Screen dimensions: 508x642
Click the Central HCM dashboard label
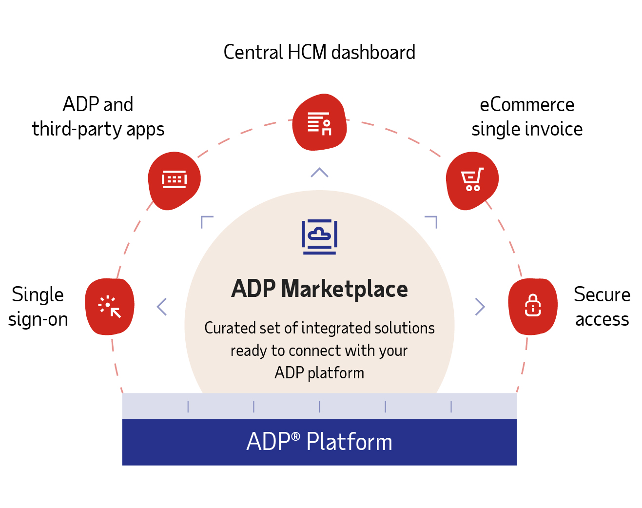tap(319, 53)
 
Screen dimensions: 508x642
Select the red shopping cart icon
tap(472, 180)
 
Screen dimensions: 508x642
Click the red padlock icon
tap(533, 306)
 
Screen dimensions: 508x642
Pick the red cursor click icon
tap(110, 307)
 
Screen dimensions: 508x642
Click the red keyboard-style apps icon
tap(175, 180)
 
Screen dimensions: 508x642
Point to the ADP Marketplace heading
tap(319, 289)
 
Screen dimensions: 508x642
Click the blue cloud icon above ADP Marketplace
tap(319, 236)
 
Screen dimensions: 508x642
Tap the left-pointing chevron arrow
tap(162, 307)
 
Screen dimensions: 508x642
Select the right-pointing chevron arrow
tap(480, 307)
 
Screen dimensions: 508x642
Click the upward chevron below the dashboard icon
tap(319, 173)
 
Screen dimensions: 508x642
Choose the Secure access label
tap(602, 307)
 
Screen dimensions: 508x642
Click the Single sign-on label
tap(38, 307)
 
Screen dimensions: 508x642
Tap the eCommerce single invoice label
tap(526, 117)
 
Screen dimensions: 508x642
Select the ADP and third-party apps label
tap(98, 117)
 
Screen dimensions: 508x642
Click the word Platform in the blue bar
tap(349, 442)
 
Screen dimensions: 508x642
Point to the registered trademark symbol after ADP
tap(296, 436)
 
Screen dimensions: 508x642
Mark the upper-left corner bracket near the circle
tap(206, 221)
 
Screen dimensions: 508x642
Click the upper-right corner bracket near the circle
tap(432, 221)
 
